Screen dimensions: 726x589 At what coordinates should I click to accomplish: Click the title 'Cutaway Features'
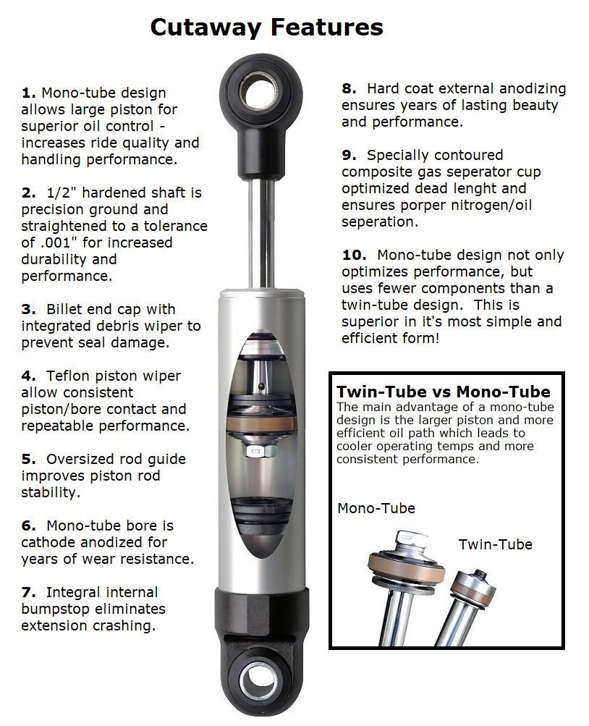tap(266, 28)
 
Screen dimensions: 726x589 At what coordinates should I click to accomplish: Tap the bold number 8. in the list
tap(349, 89)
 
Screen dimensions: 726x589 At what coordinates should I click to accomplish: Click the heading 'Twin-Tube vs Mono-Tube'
tap(443, 392)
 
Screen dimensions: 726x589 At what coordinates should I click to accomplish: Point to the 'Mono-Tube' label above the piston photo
tap(376, 508)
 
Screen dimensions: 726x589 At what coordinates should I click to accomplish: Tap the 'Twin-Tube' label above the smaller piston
tap(495, 544)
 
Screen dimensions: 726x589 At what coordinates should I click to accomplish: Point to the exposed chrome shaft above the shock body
tap(266, 232)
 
